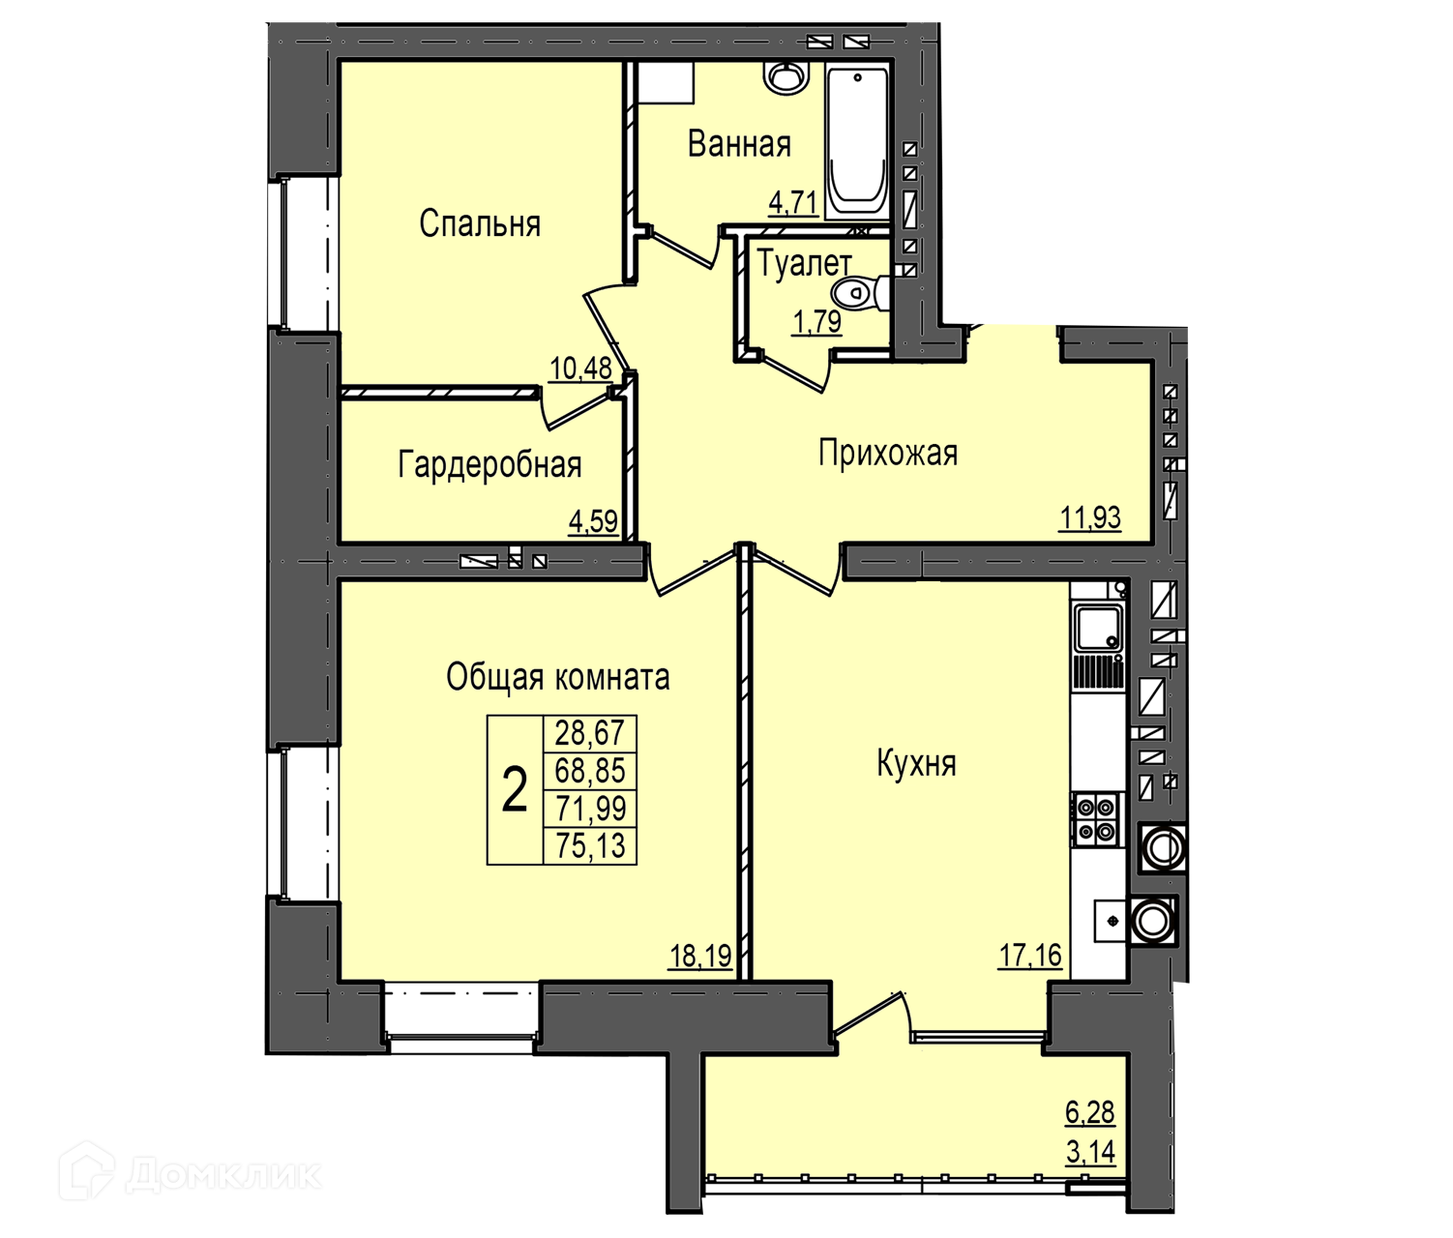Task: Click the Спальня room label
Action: coord(480,224)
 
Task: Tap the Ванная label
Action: coord(739,143)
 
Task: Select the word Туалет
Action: coord(804,264)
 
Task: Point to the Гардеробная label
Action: coord(489,464)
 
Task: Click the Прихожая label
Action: coord(888,453)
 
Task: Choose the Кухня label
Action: coord(917,763)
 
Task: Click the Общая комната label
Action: coord(558,677)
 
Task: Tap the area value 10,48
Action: coord(580,368)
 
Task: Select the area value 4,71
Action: coord(793,203)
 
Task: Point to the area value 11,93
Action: coord(1090,517)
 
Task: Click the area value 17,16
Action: coord(1030,956)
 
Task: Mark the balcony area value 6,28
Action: coord(1090,1112)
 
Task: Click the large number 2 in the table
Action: coord(515,790)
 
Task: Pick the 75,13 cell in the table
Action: coord(590,845)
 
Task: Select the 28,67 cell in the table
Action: coord(590,733)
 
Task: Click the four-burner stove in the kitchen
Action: coord(1097,819)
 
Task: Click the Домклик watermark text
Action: coord(224,1175)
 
